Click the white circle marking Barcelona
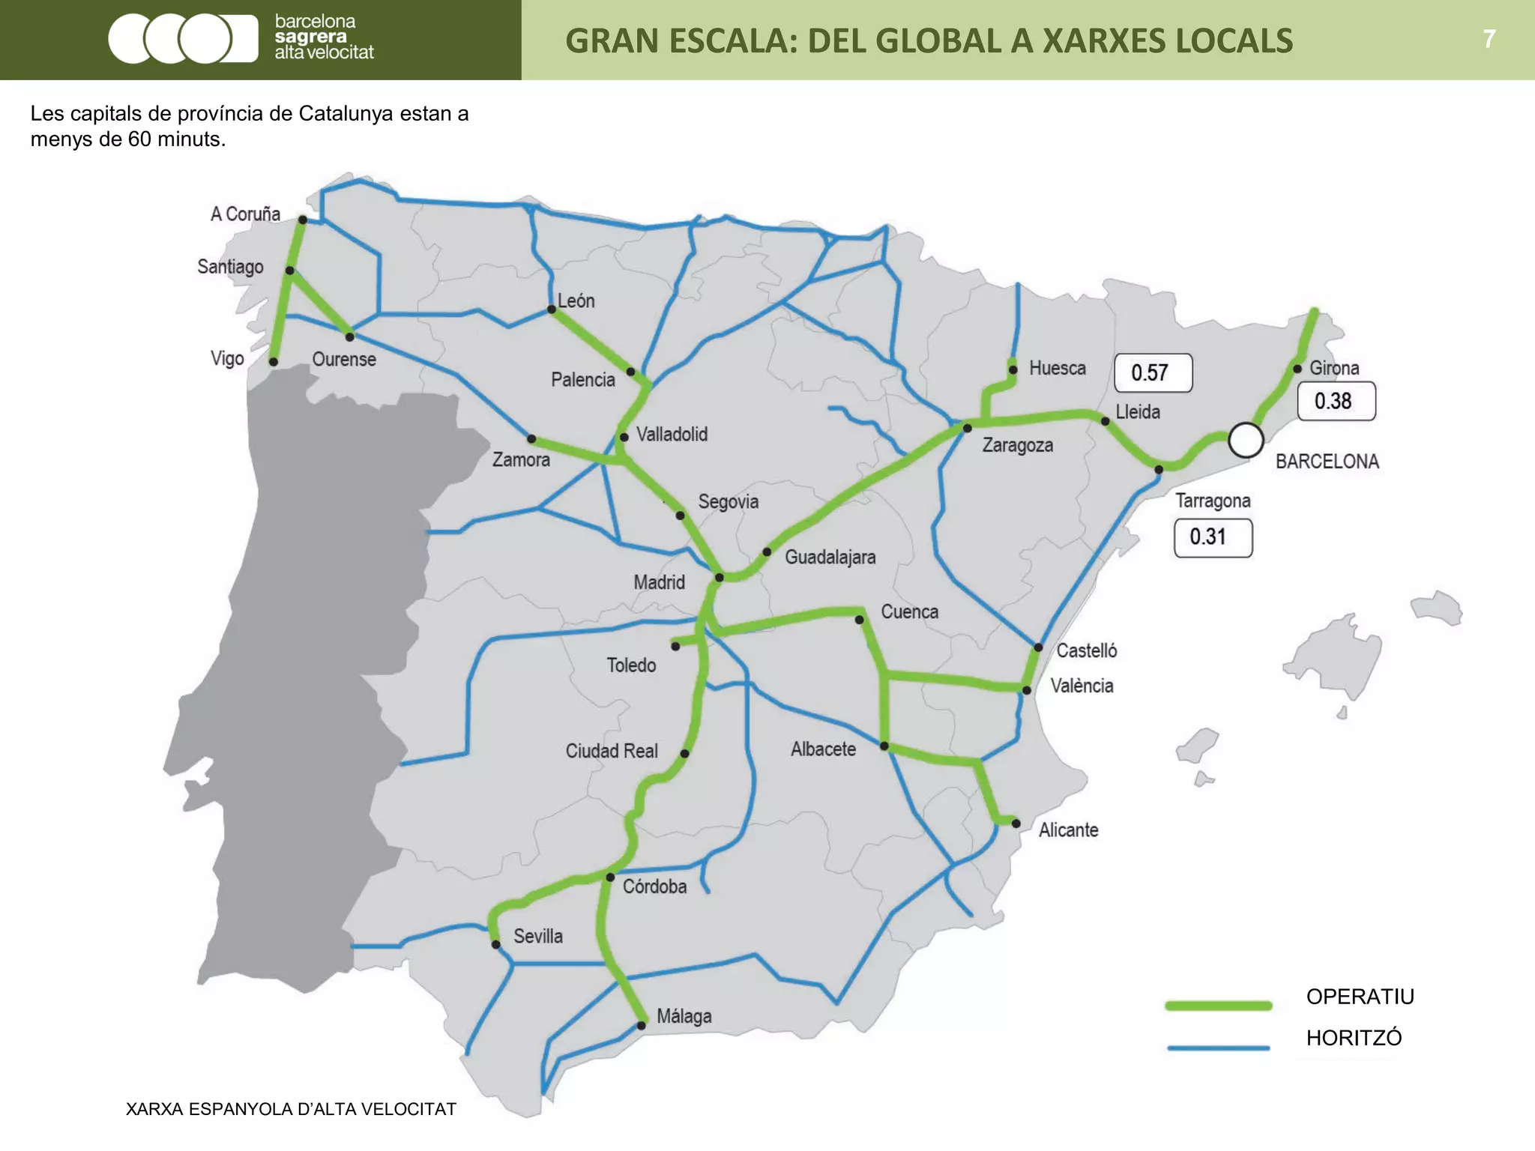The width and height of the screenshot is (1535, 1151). click(1246, 440)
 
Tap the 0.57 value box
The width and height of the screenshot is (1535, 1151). click(1153, 372)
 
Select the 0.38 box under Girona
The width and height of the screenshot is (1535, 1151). click(1336, 401)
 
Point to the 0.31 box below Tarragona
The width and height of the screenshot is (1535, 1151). click(1212, 537)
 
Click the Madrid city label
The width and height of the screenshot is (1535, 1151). click(659, 582)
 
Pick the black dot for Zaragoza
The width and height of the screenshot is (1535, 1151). click(967, 428)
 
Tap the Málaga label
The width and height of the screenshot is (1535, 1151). click(684, 1016)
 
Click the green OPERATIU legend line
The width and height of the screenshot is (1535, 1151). click(1218, 1006)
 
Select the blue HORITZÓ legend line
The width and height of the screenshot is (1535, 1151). click(1218, 1048)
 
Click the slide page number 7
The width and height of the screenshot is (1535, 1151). click(1489, 39)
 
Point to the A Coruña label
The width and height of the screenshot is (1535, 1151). click(245, 214)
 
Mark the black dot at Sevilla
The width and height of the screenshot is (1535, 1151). click(495, 945)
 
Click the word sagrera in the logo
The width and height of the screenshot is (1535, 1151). click(310, 37)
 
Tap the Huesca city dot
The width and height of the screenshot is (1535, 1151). click(1013, 369)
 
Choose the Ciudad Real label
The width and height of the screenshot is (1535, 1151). click(611, 751)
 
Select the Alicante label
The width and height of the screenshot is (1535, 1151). click(1068, 830)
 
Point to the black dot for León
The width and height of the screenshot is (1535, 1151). click(552, 309)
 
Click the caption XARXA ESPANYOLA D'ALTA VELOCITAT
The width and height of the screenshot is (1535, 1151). click(291, 1109)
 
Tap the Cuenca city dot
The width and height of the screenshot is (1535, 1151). click(860, 620)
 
